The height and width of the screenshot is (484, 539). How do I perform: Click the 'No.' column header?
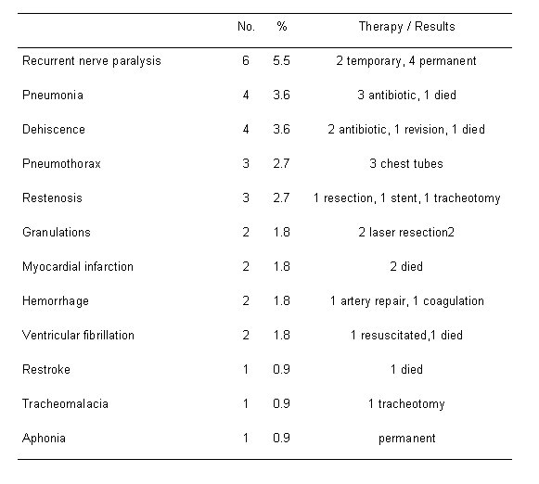(246, 27)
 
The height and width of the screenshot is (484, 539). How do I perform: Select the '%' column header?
(282, 27)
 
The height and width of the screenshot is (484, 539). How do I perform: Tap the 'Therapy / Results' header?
(406, 27)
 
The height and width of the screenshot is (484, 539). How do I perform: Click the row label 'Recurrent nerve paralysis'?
(92, 61)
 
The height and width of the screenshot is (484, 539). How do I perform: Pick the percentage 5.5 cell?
(281, 61)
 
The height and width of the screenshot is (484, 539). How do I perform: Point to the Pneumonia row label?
(53, 96)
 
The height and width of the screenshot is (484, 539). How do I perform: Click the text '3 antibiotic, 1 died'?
(406, 96)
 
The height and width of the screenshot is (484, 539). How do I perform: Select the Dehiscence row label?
(54, 130)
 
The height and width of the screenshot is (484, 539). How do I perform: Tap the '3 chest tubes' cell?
(406, 163)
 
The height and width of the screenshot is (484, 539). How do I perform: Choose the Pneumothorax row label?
(61, 164)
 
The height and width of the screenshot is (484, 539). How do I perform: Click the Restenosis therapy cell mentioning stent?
(406, 198)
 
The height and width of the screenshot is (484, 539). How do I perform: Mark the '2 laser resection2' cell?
(406, 233)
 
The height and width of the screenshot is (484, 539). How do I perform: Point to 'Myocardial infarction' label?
(78, 267)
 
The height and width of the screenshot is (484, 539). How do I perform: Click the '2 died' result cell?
(406, 266)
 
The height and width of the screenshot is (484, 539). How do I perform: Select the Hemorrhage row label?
(56, 301)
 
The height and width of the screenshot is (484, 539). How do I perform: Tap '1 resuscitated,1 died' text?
(406, 336)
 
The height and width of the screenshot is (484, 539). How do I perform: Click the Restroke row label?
(46, 370)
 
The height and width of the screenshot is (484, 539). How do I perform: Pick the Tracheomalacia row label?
(65, 404)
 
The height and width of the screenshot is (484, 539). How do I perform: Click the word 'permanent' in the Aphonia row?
(407, 439)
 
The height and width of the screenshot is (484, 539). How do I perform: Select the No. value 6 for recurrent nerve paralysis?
(246, 61)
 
